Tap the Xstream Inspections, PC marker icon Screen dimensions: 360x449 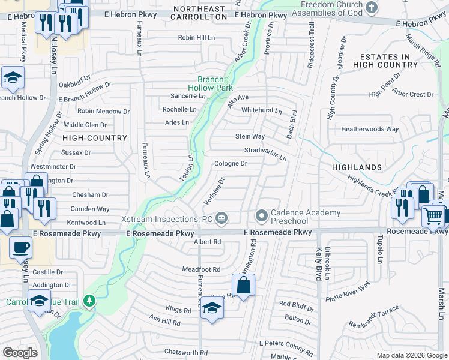click(x=221, y=217)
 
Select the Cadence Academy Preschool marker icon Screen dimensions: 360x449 click(x=261, y=215)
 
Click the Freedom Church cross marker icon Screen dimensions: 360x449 click(x=372, y=8)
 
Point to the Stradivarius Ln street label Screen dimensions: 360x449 click(x=265, y=153)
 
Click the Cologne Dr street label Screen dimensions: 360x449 click(x=231, y=163)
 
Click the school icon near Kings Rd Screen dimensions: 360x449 click(x=211, y=308)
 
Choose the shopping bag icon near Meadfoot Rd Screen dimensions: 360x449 click(x=243, y=286)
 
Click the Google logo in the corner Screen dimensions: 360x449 click(x=20, y=353)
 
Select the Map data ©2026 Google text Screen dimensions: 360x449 click(x=411, y=355)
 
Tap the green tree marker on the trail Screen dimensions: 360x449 click(x=89, y=299)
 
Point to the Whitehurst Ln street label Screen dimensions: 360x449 click(x=261, y=110)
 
